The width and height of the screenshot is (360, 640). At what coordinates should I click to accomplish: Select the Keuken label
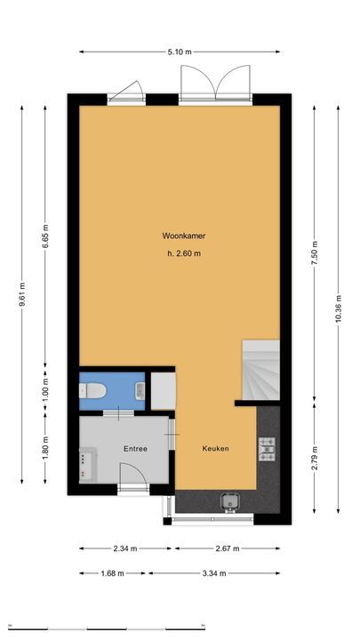click(215, 449)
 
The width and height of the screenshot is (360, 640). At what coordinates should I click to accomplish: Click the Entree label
click(135, 449)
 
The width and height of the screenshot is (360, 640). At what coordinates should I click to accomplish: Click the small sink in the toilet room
click(140, 389)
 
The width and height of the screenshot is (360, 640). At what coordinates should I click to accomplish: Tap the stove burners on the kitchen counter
click(268, 449)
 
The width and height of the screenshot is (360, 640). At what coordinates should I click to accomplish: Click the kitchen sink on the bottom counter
click(228, 503)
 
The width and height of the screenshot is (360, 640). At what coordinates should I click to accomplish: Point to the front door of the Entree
click(134, 489)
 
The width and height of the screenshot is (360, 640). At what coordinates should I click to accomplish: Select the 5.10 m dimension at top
click(180, 52)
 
